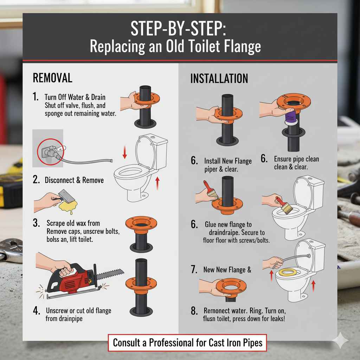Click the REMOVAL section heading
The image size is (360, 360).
[52, 78]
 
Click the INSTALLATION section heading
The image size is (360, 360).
[219, 78]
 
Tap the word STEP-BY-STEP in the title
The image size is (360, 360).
[179, 29]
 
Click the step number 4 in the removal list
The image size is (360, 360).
[36, 310]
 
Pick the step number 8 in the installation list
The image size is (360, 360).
[194, 311]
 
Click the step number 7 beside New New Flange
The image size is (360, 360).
[194, 270]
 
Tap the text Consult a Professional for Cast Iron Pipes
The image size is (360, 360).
[187, 342]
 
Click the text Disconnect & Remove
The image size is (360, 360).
[74, 180]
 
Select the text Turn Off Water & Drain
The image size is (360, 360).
[75, 97]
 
